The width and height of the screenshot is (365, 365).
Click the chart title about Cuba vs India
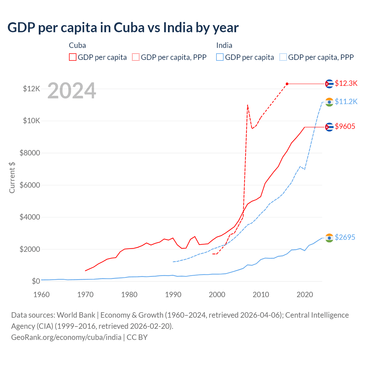123,28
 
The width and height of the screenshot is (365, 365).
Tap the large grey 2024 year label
72,91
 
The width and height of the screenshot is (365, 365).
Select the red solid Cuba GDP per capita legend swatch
73,57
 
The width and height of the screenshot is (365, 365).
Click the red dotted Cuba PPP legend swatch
136,57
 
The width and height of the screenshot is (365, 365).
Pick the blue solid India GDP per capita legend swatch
220,57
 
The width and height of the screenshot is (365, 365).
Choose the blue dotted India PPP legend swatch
283,57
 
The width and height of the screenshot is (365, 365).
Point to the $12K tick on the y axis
32,89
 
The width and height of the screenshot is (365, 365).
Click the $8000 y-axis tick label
30,153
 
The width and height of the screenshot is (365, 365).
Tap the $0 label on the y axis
36,281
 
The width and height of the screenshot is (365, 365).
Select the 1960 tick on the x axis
42,295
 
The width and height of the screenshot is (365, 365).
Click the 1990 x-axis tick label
173,295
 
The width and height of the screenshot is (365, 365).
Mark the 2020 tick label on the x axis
305,295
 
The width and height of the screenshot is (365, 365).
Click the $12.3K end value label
346,83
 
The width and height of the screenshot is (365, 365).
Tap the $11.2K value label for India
346,102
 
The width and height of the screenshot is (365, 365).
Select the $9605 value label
345,126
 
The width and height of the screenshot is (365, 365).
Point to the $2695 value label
345,237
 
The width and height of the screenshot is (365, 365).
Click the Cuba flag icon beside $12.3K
329,84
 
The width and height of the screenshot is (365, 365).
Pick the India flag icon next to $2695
329,238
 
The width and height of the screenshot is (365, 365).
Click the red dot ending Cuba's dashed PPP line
287,84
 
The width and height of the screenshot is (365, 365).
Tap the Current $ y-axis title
12,177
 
